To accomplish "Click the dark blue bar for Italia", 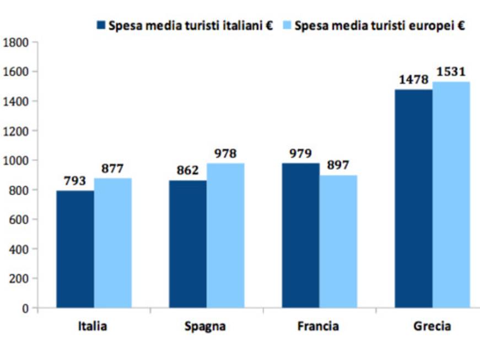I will click(x=75, y=249).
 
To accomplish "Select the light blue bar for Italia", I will click(x=112, y=243).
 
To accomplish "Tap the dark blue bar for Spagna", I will click(x=188, y=244).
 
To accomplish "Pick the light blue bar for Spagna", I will click(x=225, y=235).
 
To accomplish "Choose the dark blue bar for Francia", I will click(x=300, y=235).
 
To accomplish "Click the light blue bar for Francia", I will click(x=338, y=241).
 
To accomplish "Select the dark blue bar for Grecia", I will click(x=413, y=198).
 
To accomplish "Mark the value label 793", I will click(x=75, y=181).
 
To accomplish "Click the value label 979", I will click(x=300, y=153).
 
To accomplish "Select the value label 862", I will click(x=188, y=171).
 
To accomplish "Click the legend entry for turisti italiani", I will click(x=191, y=25).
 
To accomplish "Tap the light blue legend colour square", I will click(x=287, y=25).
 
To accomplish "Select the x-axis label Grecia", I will click(x=432, y=326).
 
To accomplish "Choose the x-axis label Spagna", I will click(x=206, y=326).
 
